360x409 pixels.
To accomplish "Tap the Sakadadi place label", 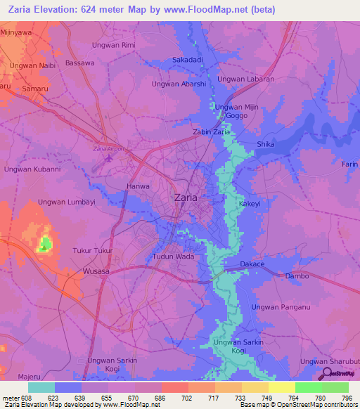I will (188, 60).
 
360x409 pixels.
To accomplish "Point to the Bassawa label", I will (79, 63).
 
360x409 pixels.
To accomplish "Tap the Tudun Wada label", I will (173, 257).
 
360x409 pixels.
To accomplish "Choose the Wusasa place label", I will (96, 271).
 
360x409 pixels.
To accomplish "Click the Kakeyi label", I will (250, 203).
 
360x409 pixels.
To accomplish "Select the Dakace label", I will (252, 264).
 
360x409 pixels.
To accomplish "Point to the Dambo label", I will (297, 276).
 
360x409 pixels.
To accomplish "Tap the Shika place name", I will (266, 144).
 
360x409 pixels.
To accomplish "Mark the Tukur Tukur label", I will (93, 251).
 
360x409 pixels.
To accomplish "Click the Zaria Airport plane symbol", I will (108, 157).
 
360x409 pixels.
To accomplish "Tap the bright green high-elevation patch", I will (44, 244).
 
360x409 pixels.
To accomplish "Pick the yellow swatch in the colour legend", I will (281, 387).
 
